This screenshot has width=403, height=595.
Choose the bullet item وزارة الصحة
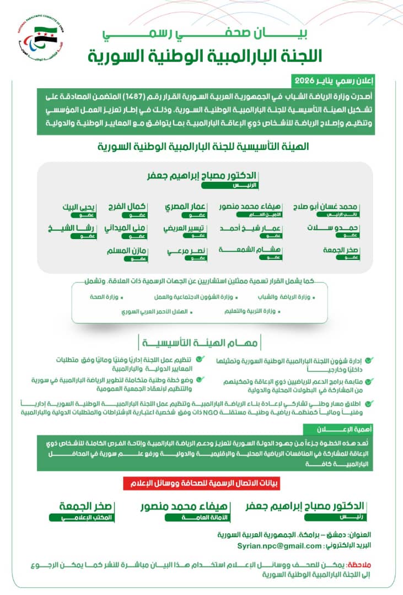click(x=105, y=297)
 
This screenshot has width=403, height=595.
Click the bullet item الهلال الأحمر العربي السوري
click(x=155, y=312)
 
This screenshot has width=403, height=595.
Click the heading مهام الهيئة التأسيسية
click(x=201, y=343)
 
